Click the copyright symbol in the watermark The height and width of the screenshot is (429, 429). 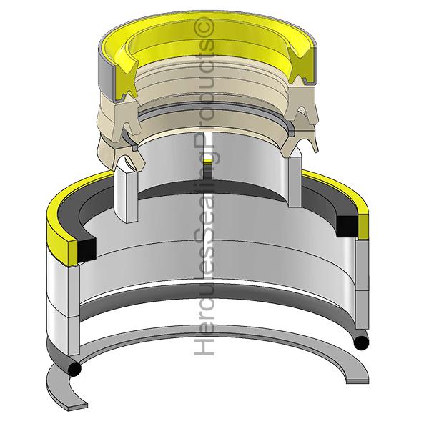point(204,27)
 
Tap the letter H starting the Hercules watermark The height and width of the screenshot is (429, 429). point(204,346)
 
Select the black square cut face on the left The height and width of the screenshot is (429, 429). point(87,249)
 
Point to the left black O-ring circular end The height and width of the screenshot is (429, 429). point(74,369)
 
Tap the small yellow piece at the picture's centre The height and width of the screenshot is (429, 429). point(207,161)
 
